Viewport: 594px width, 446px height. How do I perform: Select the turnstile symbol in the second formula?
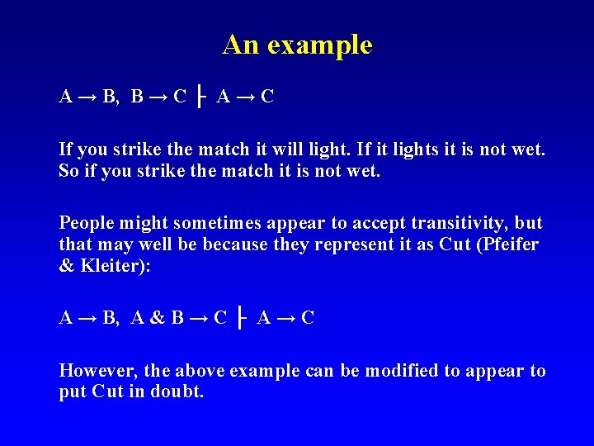coord(241,318)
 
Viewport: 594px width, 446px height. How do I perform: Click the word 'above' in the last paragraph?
coord(196,371)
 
